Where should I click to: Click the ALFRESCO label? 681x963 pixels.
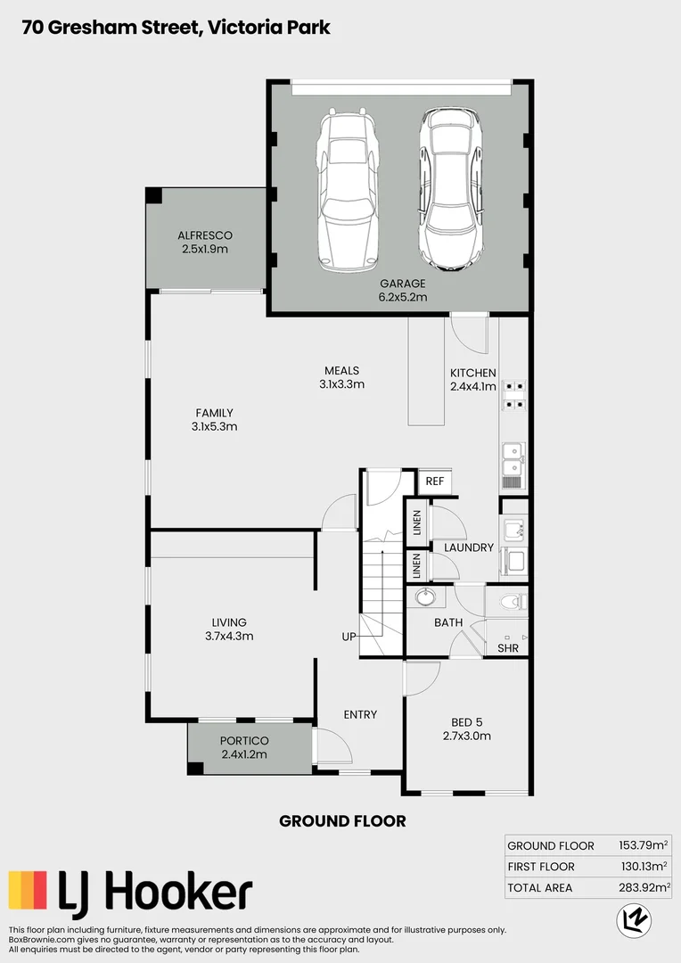(x=205, y=235)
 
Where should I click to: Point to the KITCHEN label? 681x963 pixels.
(x=472, y=373)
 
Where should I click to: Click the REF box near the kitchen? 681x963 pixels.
(x=434, y=481)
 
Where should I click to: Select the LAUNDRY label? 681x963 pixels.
(x=469, y=547)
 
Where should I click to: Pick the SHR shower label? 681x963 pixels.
(x=508, y=648)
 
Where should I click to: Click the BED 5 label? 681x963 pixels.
(x=467, y=721)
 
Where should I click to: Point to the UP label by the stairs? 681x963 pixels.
(x=349, y=637)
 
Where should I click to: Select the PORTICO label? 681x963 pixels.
(x=244, y=741)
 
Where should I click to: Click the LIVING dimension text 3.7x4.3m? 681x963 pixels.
(x=229, y=637)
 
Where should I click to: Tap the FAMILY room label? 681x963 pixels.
(x=214, y=413)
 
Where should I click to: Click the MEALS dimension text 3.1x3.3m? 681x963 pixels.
(x=341, y=384)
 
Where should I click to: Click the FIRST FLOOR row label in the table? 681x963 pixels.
(x=540, y=867)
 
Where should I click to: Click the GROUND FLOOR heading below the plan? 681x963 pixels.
(x=342, y=820)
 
